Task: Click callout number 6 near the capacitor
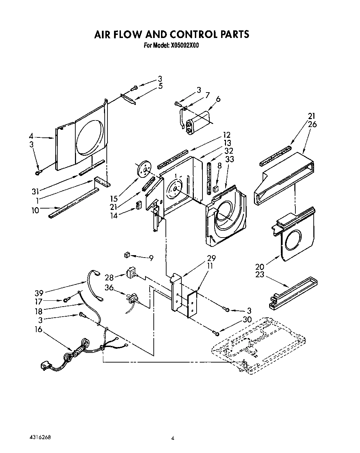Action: click(218, 99)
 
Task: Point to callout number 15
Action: click(114, 199)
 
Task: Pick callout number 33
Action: click(229, 159)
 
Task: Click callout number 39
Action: click(39, 293)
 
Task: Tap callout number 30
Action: click(247, 320)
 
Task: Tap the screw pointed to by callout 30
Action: click(216, 332)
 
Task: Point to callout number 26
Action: click(312, 124)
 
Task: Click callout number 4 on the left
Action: click(31, 137)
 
